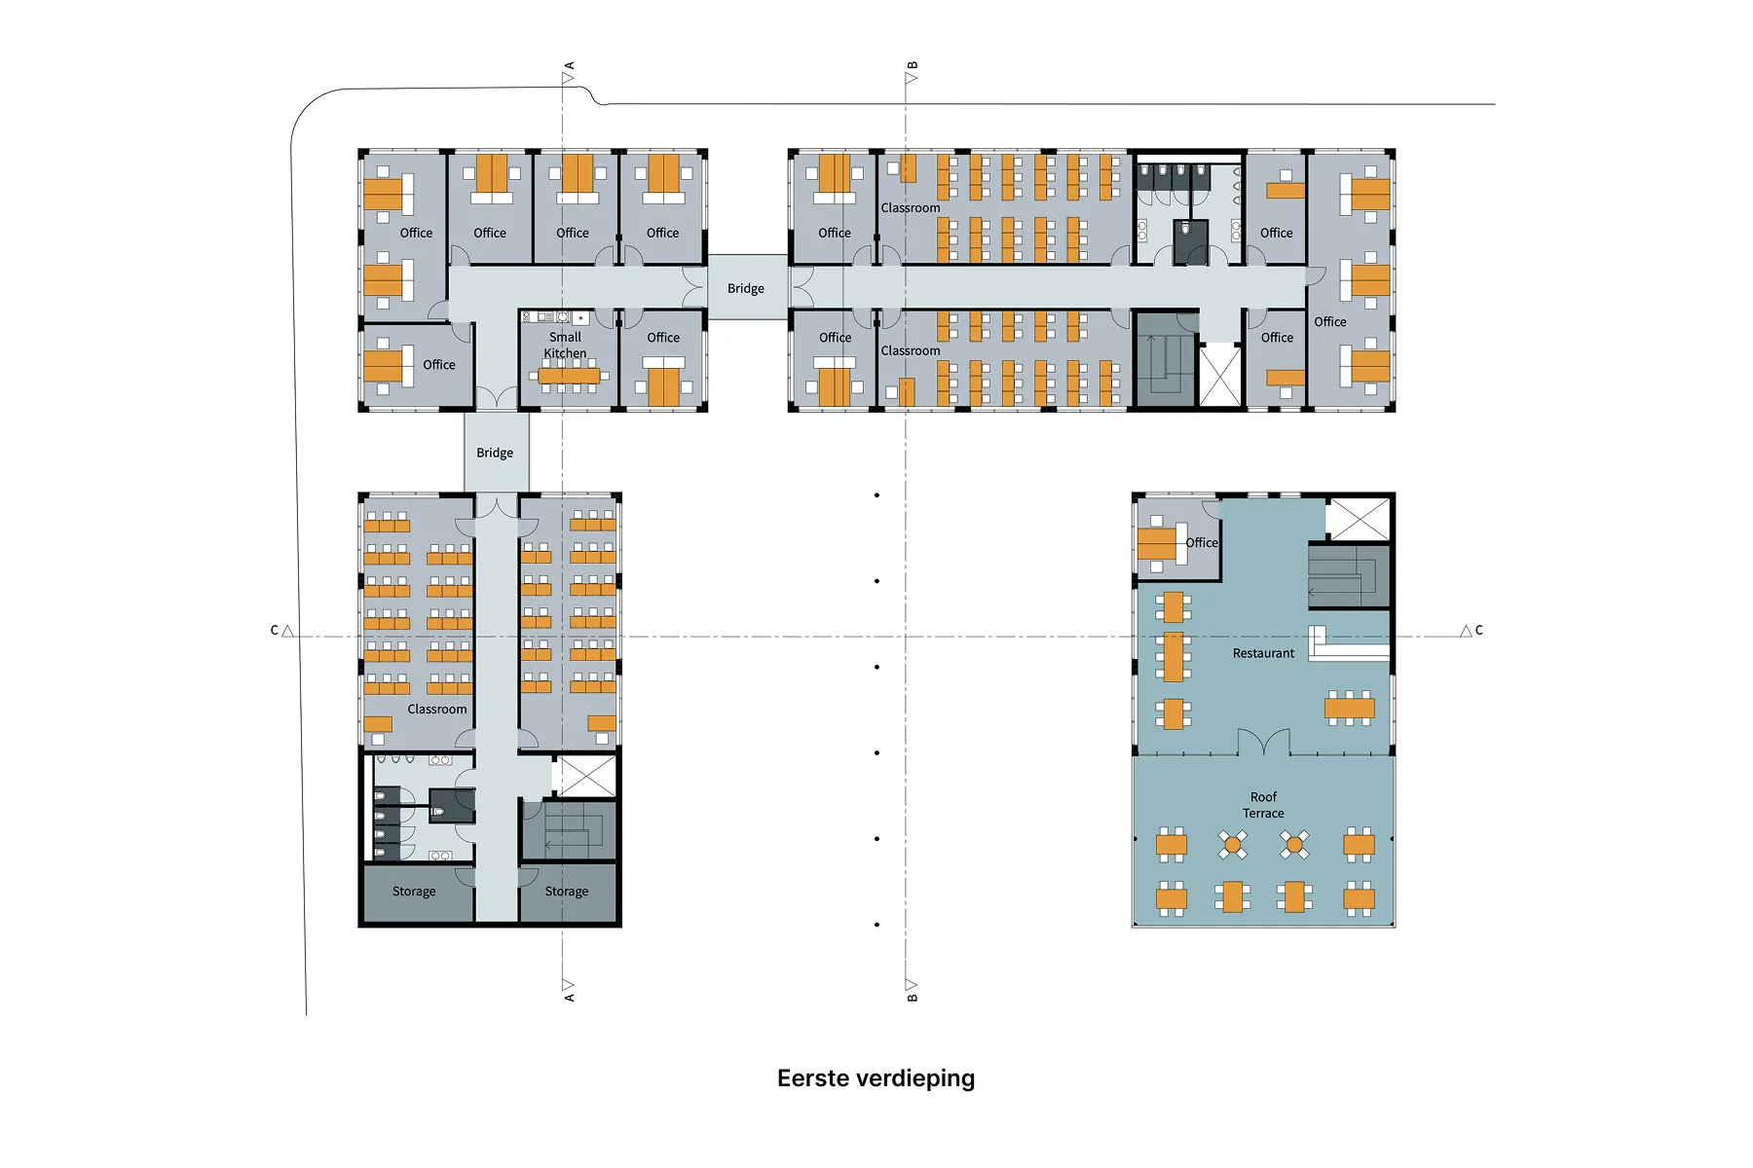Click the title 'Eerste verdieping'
click(x=876, y=1078)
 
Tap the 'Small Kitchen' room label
click(x=565, y=346)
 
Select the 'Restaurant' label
click(x=1263, y=653)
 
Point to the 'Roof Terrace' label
click(x=1263, y=805)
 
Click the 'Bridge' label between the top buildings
click(x=745, y=288)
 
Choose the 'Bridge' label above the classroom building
click(x=495, y=453)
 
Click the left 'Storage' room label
click(x=414, y=892)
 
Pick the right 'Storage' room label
click(x=566, y=892)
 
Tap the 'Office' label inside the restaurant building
click(x=1201, y=542)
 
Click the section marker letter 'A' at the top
click(x=570, y=66)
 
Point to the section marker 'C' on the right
click(x=1478, y=631)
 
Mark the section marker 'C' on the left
click(x=275, y=631)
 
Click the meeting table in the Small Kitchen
click(x=570, y=376)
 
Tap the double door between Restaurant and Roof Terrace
click(x=1264, y=743)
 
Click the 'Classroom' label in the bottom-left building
click(x=437, y=710)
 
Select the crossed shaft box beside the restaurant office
click(x=1358, y=519)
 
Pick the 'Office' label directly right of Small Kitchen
click(x=663, y=338)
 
